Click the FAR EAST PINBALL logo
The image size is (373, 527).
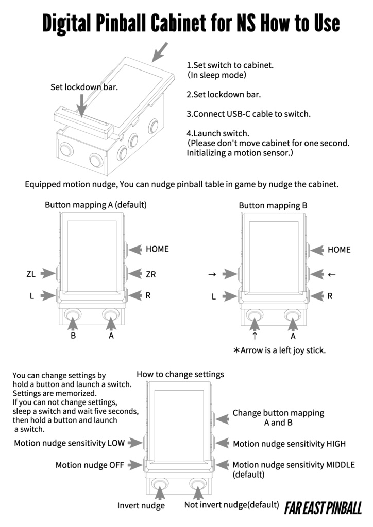coord(323,508)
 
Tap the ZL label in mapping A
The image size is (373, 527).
coord(31,274)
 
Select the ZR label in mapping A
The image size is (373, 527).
coord(150,275)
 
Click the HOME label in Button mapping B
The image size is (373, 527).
coord(338,250)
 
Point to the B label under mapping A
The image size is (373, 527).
coord(73,336)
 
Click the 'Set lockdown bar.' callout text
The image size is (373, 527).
coord(84,87)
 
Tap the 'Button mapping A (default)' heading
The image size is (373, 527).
coord(96,205)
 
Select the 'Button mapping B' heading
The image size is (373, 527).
coord(273,205)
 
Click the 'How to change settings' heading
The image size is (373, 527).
coord(180,374)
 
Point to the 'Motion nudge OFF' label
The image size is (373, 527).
coord(90,465)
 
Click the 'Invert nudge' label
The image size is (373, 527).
coord(141,506)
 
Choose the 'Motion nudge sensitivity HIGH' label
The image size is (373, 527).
coord(289,444)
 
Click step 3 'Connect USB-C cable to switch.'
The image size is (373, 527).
coord(248,114)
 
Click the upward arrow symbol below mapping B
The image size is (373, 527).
coord(255,336)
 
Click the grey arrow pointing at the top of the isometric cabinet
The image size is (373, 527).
coord(160,51)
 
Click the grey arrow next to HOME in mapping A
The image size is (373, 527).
coord(135,249)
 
